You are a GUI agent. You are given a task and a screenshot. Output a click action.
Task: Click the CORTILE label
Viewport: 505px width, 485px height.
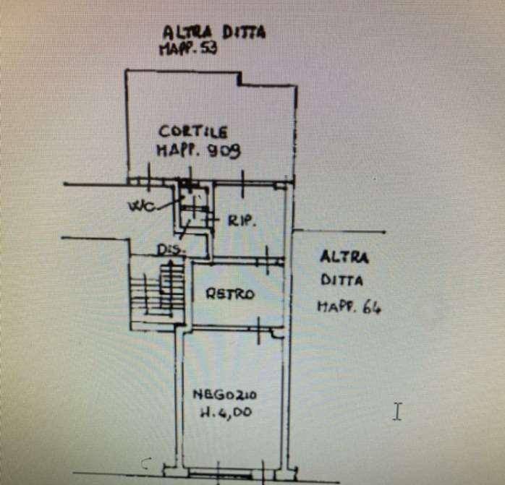coord(193,132)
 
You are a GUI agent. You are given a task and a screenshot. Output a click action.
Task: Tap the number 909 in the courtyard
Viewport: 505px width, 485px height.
coord(224,150)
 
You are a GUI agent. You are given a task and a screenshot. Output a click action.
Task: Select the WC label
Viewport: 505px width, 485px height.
coord(141,206)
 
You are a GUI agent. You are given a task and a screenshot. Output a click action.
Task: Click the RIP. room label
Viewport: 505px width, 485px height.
coord(242,220)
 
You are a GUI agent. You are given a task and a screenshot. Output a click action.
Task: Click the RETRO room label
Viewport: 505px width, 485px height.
coord(230,294)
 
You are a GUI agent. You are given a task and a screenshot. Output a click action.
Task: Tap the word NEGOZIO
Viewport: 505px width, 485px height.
coord(224,395)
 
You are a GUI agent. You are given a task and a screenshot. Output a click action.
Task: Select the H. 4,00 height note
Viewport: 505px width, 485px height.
coord(226,412)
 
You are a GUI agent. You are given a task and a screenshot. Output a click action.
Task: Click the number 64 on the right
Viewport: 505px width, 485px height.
coord(372,307)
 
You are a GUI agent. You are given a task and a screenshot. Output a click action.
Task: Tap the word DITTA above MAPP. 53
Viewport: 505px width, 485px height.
coord(244,33)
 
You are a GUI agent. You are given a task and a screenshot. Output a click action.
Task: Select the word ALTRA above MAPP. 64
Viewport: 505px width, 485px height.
coord(344,257)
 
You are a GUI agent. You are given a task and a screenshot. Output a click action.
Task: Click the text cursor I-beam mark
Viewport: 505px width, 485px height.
coord(398,411)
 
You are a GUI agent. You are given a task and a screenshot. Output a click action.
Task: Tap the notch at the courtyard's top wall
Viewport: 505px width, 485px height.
coord(240,78)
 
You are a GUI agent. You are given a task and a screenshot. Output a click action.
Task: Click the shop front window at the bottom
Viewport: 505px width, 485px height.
coord(221,473)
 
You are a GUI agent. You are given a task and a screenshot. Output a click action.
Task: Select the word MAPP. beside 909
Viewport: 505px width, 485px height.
coord(177,150)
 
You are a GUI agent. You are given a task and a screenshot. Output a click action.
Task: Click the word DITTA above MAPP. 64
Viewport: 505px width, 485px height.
coord(341,280)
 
